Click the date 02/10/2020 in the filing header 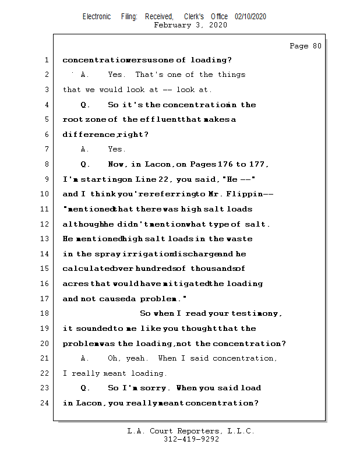click(x=250, y=17)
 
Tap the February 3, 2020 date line click(x=190, y=25)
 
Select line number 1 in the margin click(x=45, y=60)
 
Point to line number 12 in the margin click(x=44, y=224)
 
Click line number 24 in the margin click(x=44, y=403)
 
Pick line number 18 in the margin click(x=44, y=313)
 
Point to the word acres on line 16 click(x=75, y=284)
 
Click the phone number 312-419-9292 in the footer click(x=191, y=440)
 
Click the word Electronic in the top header click(x=97, y=17)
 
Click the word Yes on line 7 click(x=117, y=149)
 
